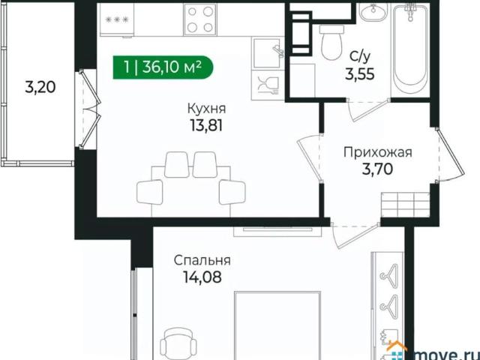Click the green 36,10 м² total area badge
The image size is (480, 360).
click(x=163, y=67)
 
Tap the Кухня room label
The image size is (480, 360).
click(x=207, y=108)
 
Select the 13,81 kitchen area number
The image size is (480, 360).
click(x=206, y=125)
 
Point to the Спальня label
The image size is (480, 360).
click(x=202, y=260)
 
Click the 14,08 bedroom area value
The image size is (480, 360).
click(x=202, y=277)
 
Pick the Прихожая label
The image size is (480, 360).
click(x=378, y=152)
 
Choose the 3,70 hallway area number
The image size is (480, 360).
click(x=377, y=169)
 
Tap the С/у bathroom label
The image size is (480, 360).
click(x=360, y=57)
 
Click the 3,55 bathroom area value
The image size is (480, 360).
click(x=360, y=74)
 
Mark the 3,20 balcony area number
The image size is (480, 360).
click(x=40, y=88)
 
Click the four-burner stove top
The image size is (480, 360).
click(x=200, y=19)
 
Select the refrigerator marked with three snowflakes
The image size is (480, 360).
click(x=117, y=20)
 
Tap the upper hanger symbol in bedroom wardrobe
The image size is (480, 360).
click(x=388, y=271)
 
